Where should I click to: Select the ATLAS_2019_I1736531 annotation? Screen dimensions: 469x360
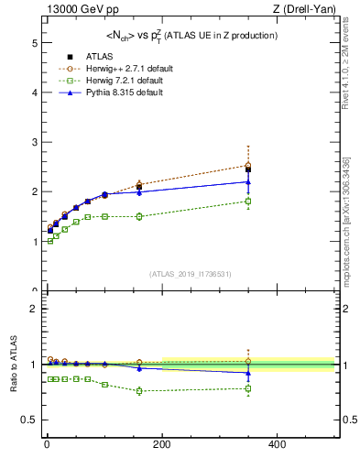pos(190,273)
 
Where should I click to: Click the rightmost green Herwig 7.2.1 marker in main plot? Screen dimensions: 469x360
pos(247,202)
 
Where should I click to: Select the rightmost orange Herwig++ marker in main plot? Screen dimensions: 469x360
pos(247,165)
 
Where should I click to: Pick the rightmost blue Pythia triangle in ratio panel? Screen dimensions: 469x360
pos(247,373)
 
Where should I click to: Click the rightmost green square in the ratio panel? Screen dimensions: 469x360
pos(247,388)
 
